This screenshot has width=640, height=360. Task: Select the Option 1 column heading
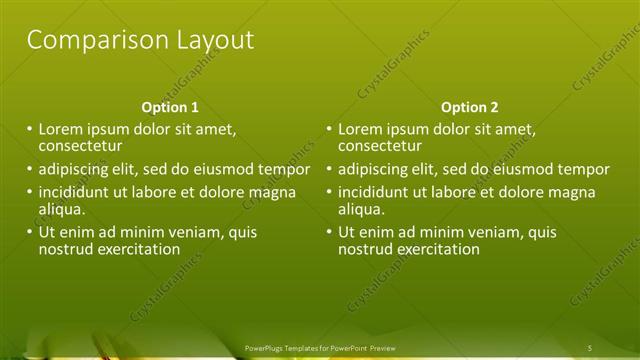pos(170,107)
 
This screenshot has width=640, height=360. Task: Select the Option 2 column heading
pos(469,107)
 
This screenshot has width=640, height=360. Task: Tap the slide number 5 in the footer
pos(590,348)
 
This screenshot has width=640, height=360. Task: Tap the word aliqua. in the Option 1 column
pos(62,209)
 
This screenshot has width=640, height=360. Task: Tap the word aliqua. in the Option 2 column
pos(362,209)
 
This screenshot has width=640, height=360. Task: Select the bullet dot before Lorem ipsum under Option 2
pos(328,130)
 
